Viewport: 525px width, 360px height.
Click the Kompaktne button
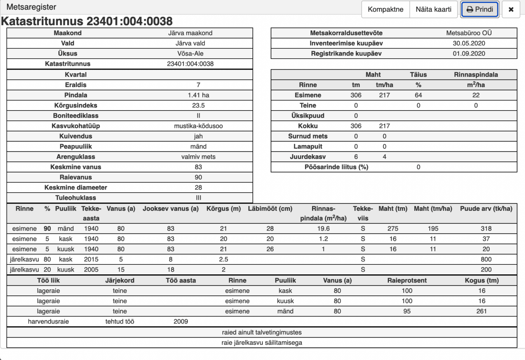[385, 10]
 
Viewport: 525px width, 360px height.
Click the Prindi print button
[480, 10]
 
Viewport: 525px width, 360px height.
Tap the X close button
[511, 10]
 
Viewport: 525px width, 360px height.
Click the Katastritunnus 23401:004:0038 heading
[87, 21]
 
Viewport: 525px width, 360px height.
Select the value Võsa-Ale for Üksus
[190, 54]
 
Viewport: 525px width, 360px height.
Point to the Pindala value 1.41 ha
[198, 95]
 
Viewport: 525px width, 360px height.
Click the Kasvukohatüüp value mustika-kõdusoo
[198, 126]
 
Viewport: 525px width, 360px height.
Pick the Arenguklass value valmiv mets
[198, 157]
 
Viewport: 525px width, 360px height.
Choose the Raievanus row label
[76, 177]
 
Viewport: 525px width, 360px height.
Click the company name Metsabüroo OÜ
[469, 33]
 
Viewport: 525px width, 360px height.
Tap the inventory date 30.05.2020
[469, 43]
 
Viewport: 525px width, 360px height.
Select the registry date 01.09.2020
[469, 54]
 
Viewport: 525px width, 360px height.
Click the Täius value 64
[418, 95]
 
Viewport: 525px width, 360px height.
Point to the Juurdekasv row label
[308, 157]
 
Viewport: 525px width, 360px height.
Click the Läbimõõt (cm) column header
[270, 209]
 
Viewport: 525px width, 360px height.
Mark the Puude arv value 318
[486, 229]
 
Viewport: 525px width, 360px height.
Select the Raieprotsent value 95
[407, 311]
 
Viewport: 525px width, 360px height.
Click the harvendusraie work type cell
[48, 322]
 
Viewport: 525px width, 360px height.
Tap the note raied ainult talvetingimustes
[262, 333]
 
